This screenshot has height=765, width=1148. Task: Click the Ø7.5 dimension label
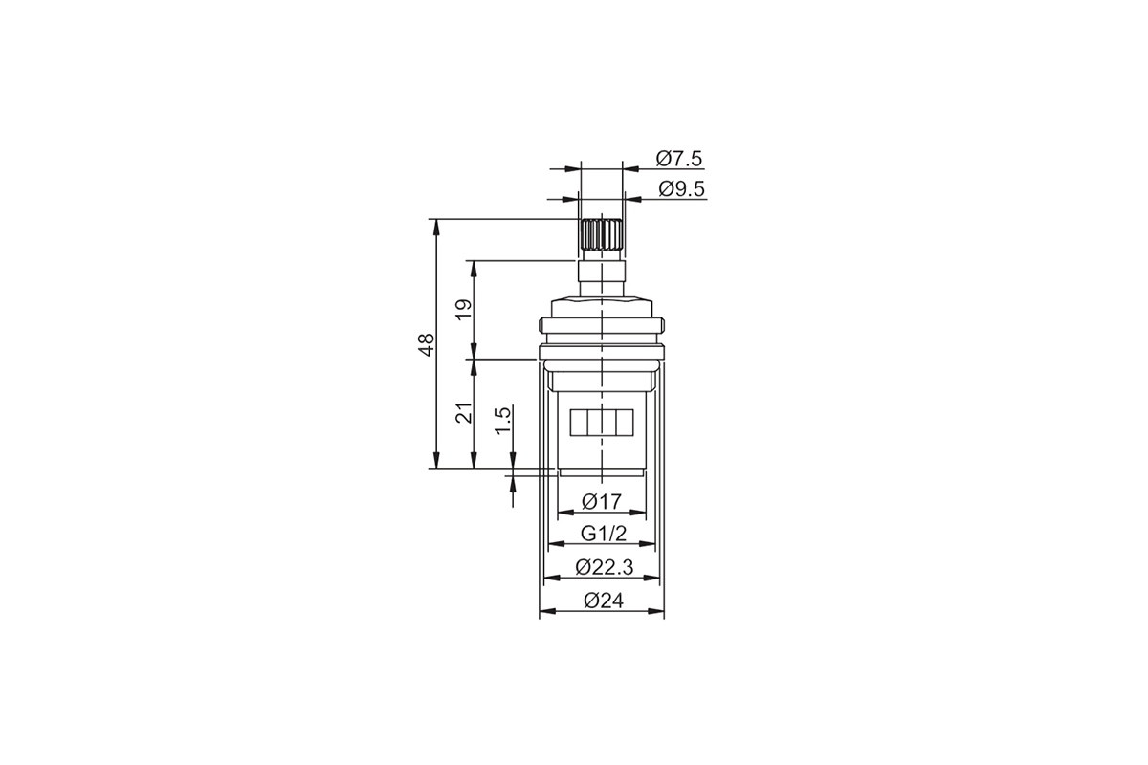pos(678,159)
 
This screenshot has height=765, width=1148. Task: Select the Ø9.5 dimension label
pos(681,189)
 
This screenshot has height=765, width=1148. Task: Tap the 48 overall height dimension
pos(427,344)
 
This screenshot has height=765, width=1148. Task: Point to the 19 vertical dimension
pos(464,310)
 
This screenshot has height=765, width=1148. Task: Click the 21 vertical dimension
pos(464,411)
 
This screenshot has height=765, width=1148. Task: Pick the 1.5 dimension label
pos(503,420)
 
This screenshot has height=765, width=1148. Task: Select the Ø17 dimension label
pos(602,501)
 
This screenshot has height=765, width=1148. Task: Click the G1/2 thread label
pos(604,534)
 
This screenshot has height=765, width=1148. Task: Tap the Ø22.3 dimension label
pos(605,567)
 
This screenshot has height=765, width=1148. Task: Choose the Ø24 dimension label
pos(604,600)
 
